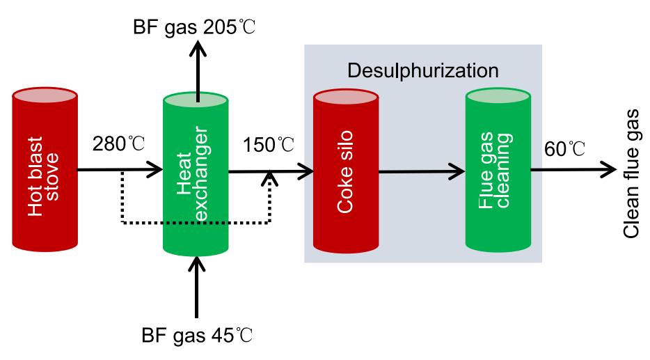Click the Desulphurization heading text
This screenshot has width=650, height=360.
coord(422,71)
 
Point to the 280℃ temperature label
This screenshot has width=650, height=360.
coord(119,145)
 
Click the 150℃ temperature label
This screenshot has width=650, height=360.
coord(269,146)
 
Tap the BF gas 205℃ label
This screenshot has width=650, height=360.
coord(195,27)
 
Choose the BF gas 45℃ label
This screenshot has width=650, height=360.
coord(196,337)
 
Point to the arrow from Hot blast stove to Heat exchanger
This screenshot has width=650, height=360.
coord(118,169)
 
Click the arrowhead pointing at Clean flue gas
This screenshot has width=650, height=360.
coord(608,169)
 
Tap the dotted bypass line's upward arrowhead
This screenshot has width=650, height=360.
coord(269,178)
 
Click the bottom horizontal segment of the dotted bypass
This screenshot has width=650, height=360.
coord(196,223)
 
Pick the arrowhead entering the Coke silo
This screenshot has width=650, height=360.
coord(306,169)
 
